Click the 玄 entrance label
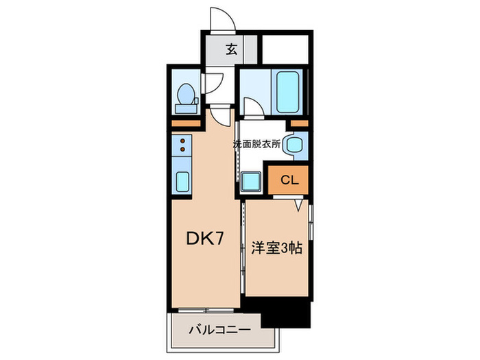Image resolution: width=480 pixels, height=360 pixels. (232, 49)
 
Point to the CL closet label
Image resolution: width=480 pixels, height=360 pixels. (289, 181)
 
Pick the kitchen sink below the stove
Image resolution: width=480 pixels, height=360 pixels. (183, 182)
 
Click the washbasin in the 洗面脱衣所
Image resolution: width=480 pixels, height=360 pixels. (296, 144)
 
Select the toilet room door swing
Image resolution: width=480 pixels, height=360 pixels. (213, 83)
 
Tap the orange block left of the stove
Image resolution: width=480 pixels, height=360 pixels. (181, 123)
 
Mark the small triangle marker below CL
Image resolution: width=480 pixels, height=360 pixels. (300, 204)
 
